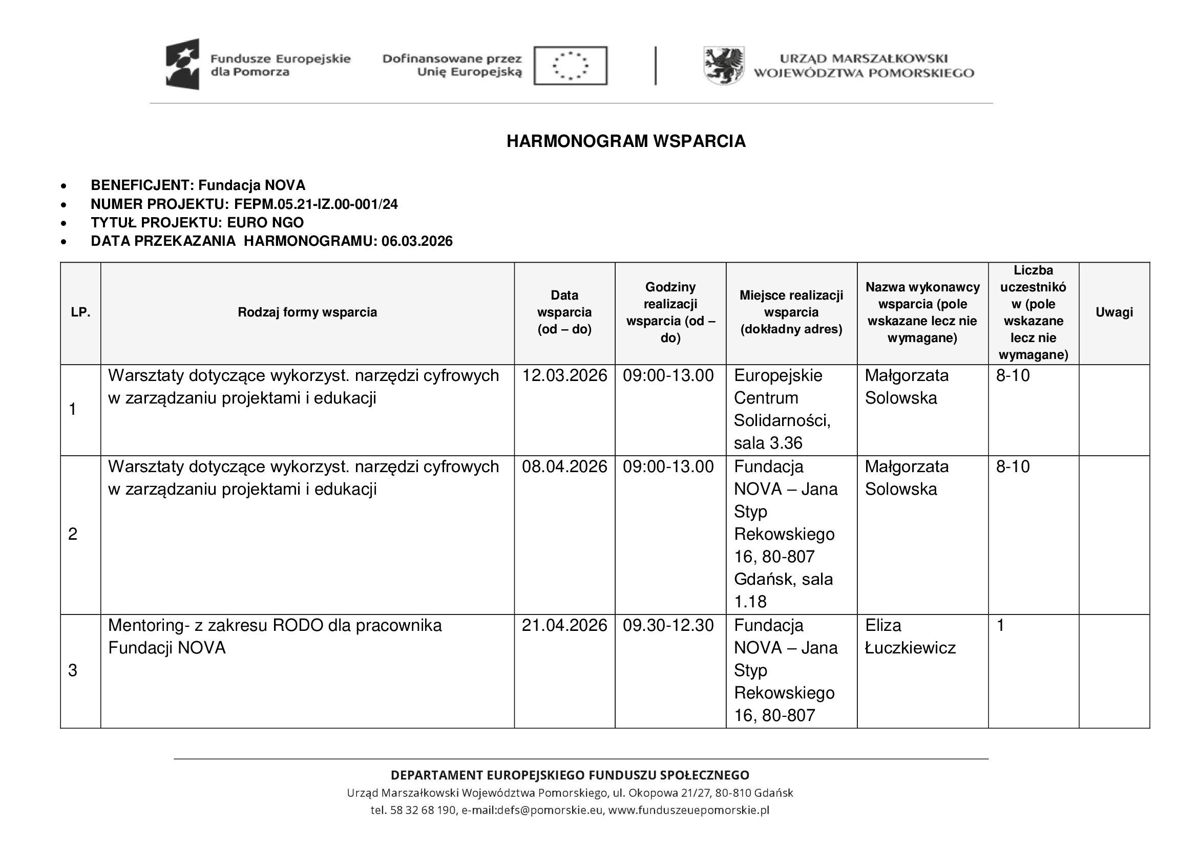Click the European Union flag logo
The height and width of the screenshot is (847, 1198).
(x=570, y=66)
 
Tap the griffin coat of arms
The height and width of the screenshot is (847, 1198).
(x=724, y=66)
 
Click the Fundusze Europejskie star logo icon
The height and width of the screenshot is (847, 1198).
(x=183, y=64)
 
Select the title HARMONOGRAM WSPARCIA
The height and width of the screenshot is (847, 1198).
(x=625, y=141)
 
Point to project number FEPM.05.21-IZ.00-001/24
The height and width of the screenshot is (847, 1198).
(x=316, y=204)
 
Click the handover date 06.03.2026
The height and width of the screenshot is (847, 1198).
(x=417, y=242)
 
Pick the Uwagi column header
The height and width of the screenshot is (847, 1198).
(x=1113, y=312)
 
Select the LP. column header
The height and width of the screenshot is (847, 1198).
(x=80, y=312)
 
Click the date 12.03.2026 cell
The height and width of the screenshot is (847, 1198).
(x=564, y=375)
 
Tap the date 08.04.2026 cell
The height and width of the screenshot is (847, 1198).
(x=564, y=467)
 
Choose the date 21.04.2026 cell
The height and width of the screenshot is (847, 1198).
(x=564, y=625)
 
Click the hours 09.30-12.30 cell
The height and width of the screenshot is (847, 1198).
(x=668, y=625)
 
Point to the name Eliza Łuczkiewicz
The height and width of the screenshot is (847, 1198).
(x=910, y=637)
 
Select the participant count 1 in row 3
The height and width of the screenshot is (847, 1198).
(x=1000, y=625)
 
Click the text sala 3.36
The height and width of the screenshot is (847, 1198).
(x=768, y=443)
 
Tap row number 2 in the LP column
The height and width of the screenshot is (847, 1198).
(x=73, y=534)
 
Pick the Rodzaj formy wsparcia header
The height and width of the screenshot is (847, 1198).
(x=307, y=312)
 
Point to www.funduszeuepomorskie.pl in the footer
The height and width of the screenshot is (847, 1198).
(x=689, y=810)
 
